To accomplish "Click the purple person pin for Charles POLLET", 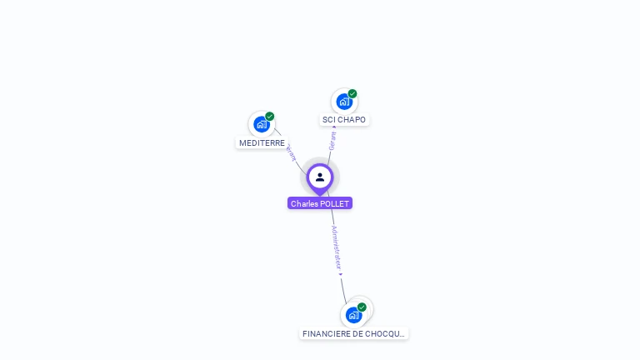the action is (x=320, y=177).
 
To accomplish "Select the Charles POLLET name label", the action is (x=320, y=203).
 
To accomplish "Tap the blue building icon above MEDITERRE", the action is (x=262, y=125).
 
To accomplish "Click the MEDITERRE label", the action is (x=262, y=142).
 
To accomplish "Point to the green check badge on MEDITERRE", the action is (x=270, y=117).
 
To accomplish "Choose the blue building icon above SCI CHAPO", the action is (x=343, y=102).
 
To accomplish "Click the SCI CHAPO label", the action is (x=344, y=119).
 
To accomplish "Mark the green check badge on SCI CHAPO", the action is (x=352, y=94).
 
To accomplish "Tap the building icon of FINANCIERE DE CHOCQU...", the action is (x=353, y=315).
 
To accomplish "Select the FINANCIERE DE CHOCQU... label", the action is (x=354, y=333).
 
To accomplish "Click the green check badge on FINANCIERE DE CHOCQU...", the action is (x=362, y=307).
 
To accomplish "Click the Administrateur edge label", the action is (x=336, y=247).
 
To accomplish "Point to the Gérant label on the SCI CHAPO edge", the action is (x=332, y=142).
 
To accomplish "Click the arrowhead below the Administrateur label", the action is (x=340, y=274).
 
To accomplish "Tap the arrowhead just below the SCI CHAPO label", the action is (x=334, y=127).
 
